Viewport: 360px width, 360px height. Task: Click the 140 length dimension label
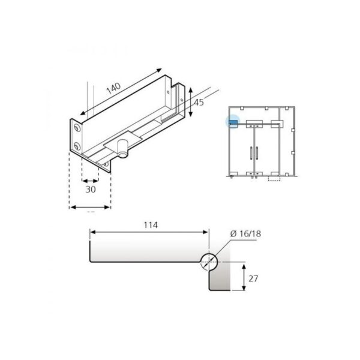113,88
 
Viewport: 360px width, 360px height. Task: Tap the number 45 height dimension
199,103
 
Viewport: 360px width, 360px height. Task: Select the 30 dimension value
90,189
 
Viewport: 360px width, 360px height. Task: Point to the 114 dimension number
150,226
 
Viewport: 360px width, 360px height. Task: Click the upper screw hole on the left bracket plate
76,129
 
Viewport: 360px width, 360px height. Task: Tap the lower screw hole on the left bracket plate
76,146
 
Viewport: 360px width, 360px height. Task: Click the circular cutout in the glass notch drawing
209,261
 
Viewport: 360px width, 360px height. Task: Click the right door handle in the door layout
259,153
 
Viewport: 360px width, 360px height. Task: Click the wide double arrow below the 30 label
90,207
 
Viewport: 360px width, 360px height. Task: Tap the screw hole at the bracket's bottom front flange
106,163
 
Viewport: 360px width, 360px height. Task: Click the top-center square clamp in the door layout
254,125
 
